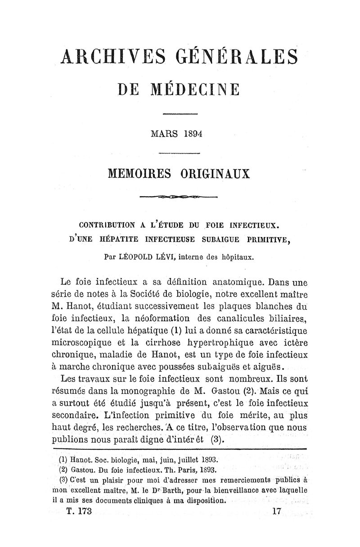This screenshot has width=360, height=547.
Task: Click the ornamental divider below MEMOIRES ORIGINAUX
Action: (x=179, y=197)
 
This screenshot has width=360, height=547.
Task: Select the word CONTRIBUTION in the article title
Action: (x=105, y=223)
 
